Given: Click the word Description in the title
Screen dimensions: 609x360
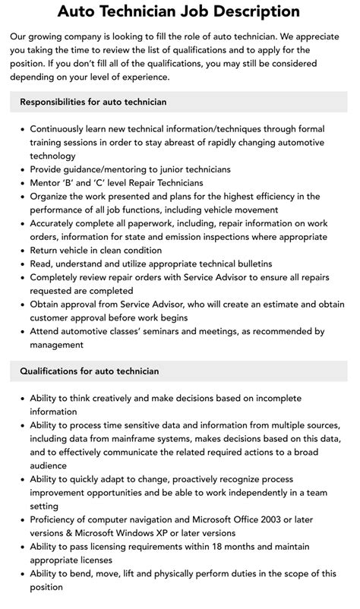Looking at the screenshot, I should click(x=255, y=12).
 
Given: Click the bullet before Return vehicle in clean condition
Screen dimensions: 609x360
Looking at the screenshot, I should click(x=21, y=250).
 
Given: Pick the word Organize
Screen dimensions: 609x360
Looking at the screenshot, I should click(x=52, y=196).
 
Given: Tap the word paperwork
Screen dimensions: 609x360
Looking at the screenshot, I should click(x=182, y=223).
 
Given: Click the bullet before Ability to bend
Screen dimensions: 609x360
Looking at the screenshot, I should click(x=21, y=575).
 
